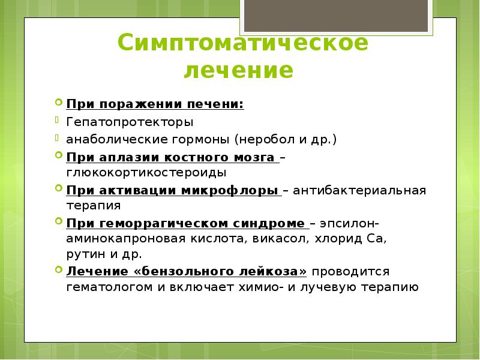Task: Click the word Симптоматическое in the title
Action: pos(242,44)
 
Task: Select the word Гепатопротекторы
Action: pos(130,122)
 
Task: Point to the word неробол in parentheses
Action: pos(267,140)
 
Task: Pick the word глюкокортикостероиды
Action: pos(146,173)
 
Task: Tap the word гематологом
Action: pos(110,287)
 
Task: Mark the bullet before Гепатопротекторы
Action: pos(58,120)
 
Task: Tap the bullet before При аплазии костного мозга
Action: pos(58,155)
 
